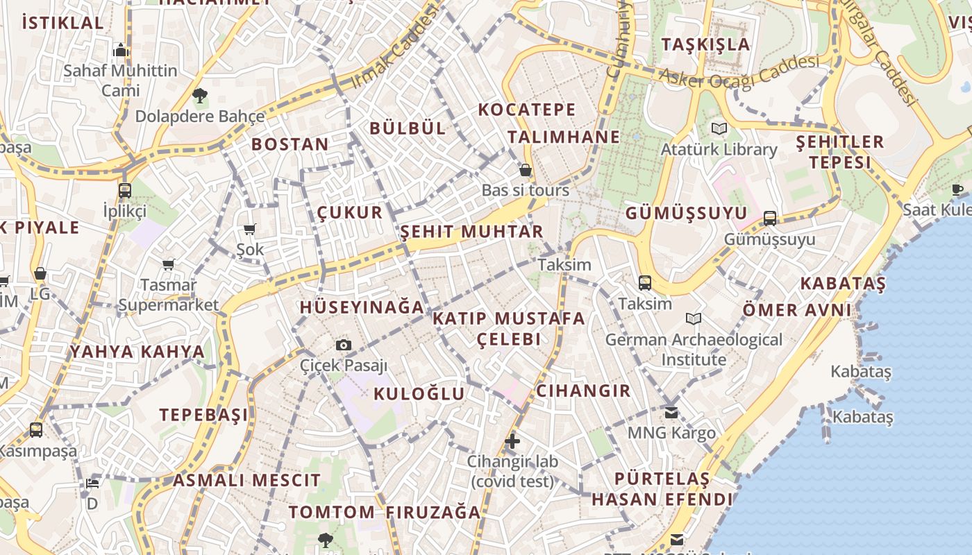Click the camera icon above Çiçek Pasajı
click(343, 345)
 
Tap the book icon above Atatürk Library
click(719, 128)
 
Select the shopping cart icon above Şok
click(250, 229)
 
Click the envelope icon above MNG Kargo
click(671, 412)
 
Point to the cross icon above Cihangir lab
click(512, 441)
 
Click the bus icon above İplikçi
click(125, 190)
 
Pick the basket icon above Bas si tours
click(526, 169)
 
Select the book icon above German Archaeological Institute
click(693, 318)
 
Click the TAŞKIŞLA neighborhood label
click(705, 44)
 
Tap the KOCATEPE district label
click(527, 110)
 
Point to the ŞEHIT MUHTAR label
click(471, 232)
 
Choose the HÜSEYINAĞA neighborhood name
click(362, 307)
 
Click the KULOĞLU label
click(419, 394)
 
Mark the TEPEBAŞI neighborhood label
click(203, 415)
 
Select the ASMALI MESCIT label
click(246, 480)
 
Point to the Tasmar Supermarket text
click(168, 295)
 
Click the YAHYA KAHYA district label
click(137, 352)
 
